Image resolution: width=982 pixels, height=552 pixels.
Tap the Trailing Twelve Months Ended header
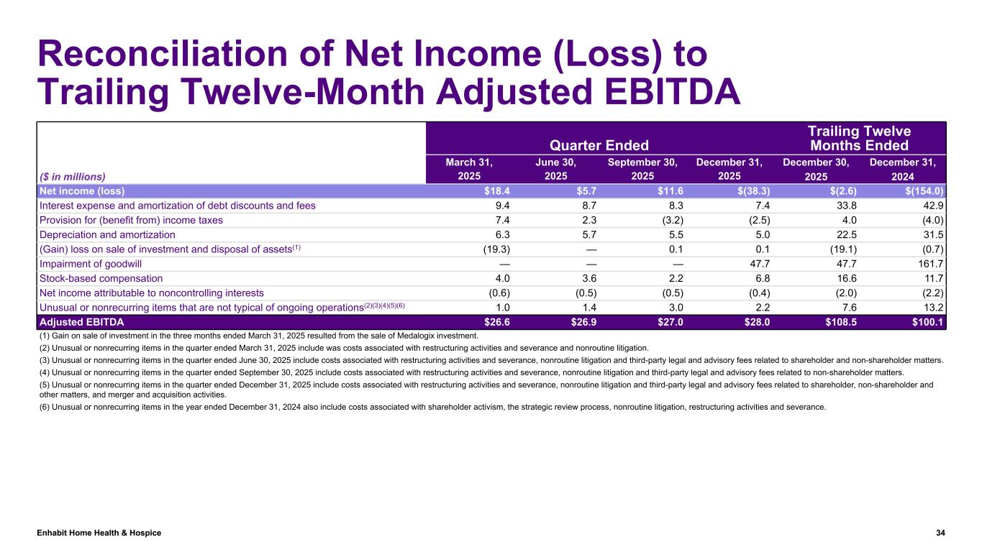pos(860,138)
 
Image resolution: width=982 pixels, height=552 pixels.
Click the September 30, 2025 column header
pos(642,169)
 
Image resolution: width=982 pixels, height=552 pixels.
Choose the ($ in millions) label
pos(72,176)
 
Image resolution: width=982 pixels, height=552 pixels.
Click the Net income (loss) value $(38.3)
pos(752,190)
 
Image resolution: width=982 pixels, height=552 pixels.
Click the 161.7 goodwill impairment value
pos(929,264)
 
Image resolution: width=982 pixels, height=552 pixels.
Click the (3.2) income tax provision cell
pos(662,220)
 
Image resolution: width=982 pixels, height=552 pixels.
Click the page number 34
pos(940,533)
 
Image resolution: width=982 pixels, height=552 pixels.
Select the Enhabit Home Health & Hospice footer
pos(99,533)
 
